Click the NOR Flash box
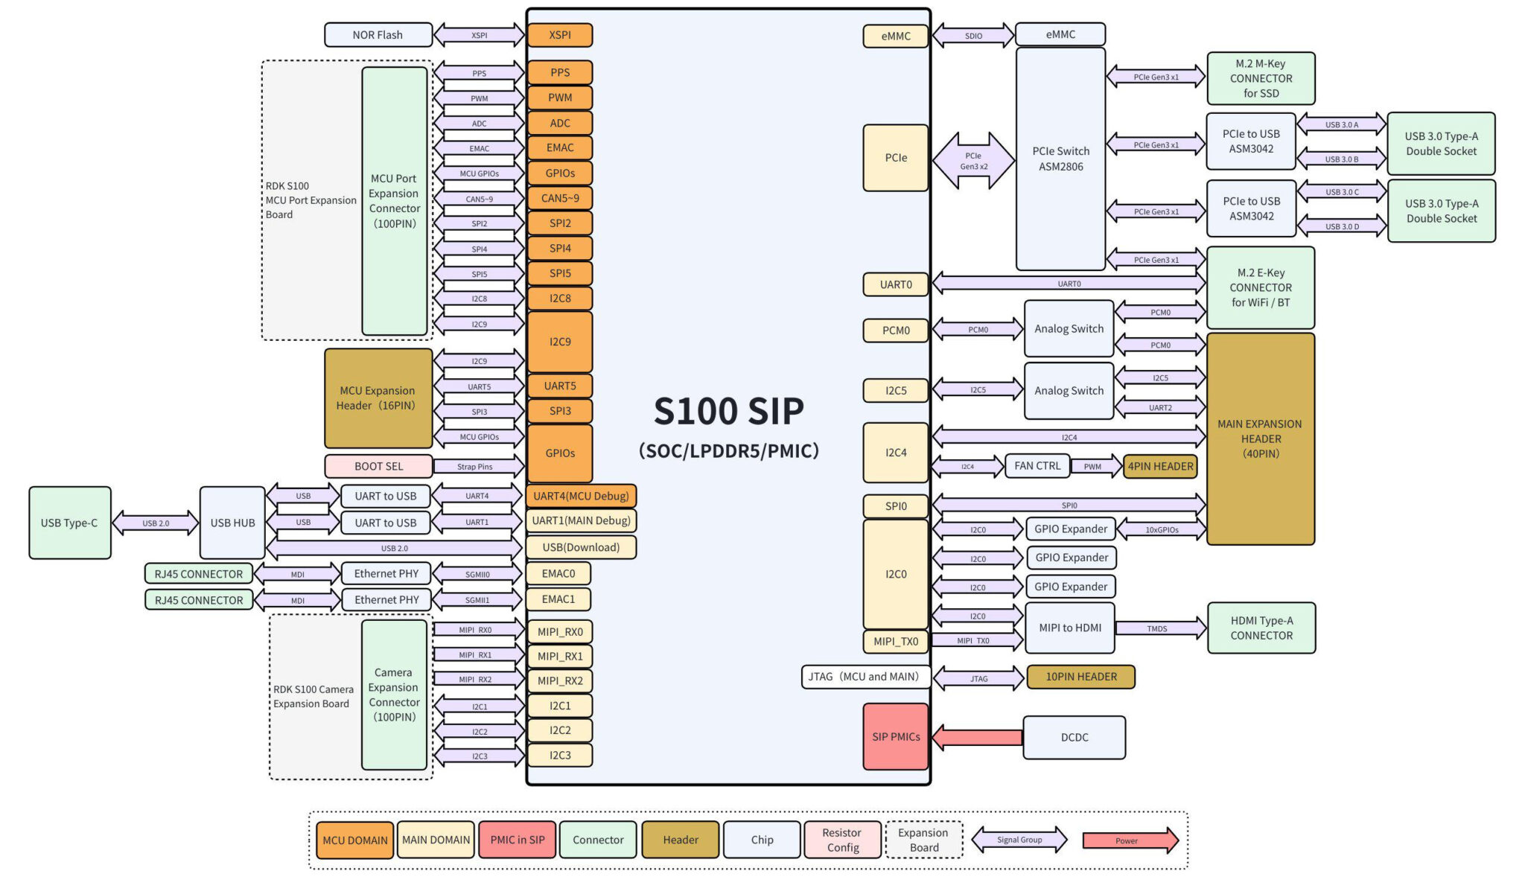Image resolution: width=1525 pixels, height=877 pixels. (x=378, y=35)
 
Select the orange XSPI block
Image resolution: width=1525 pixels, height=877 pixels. (x=560, y=35)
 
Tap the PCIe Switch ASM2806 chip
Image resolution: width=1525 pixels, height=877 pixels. (x=1060, y=159)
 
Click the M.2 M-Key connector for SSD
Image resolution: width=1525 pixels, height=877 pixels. (x=1261, y=78)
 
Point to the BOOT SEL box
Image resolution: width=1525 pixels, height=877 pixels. (x=378, y=466)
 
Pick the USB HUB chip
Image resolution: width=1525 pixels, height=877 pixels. (x=232, y=523)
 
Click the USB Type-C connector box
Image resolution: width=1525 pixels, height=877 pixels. (x=70, y=523)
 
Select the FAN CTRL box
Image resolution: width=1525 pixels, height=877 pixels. (x=1037, y=466)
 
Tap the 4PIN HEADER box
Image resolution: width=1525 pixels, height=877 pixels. (x=1160, y=467)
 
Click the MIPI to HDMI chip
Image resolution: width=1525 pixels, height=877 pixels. (x=1070, y=628)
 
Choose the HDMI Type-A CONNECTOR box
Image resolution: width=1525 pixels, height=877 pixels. (x=1261, y=628)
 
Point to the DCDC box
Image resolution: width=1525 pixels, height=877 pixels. (x=1074, y=737)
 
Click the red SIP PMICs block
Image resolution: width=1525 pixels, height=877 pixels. (x=896, y=736)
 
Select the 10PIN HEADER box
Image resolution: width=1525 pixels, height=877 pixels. (x=1081, y=677)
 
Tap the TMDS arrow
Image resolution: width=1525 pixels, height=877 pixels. (x=1161, y=628)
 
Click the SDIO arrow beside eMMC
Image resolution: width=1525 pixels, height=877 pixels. (x=974, y=36)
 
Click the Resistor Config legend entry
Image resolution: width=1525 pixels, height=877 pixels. (x=842, y=840)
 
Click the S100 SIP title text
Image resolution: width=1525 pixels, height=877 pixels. (x=729, y=411)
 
